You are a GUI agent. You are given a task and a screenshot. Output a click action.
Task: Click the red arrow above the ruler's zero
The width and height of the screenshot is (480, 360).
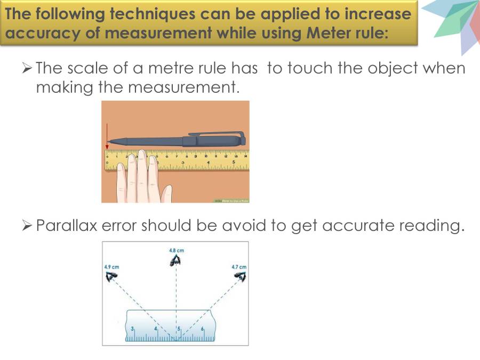point(107,135)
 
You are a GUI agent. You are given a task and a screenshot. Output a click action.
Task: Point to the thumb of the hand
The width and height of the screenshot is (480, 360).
point(166,193)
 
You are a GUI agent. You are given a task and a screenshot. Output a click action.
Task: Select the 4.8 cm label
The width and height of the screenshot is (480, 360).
point(176,250)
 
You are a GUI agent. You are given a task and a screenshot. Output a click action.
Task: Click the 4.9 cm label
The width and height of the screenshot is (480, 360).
point(111,267)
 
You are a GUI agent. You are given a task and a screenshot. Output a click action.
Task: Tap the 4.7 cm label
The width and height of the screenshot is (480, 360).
point(239,267)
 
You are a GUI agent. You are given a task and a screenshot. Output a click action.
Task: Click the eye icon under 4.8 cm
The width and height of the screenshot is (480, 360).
point(175,260)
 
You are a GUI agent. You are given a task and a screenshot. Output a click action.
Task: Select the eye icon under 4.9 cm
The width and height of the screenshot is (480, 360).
point(111,276)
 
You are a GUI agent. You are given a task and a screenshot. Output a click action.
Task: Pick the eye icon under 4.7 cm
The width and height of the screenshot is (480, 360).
point(241,276)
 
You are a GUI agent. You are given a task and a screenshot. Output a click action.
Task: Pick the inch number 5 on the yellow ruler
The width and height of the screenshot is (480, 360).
point(233,161)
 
